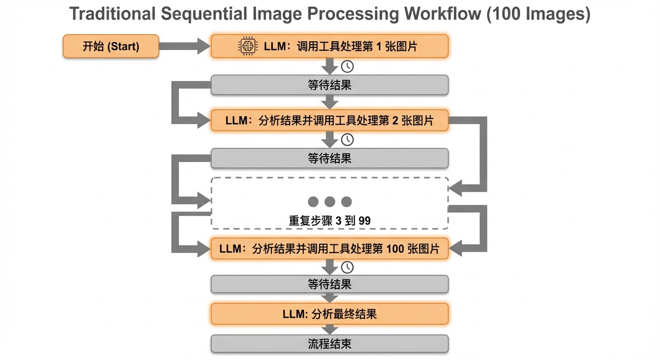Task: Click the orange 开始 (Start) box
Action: (x=111, y=46)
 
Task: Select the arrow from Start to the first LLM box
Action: (x=185, y=46)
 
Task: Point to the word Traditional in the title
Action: (x=112, y=14)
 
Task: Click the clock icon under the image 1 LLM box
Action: (x=347, y=67)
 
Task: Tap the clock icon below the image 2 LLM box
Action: (x=347, y=140)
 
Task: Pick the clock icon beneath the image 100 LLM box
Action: (x=347, y=267)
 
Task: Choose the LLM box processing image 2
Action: (x=330, y=120)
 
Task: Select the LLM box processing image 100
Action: (x=330, y=248)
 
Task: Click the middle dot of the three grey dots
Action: (x=330, y=202)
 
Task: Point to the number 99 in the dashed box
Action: (x=365, y=220)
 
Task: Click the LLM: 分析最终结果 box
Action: (x=330, y=314)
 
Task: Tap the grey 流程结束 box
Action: (x=330, y=344)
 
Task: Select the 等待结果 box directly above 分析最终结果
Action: (x=330, y=284)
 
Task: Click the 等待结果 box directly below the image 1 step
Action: (x=330, y=85)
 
